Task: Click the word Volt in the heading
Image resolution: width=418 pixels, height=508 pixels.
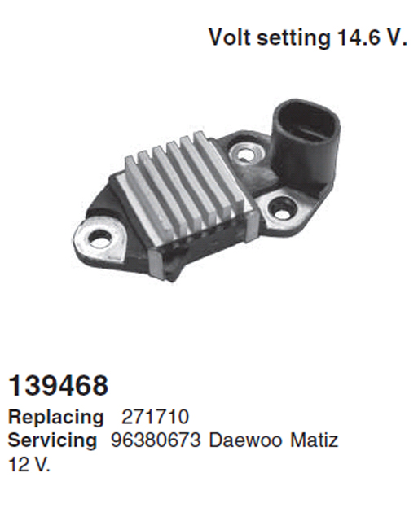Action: pos(230,37)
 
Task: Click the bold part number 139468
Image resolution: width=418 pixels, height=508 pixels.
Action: pos(59,386)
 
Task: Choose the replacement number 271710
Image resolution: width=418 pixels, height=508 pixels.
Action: pos(155,417)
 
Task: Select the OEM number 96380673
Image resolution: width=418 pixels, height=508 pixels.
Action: pos(156,440)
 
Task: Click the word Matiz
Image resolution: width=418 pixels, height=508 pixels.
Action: pos(314,440)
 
